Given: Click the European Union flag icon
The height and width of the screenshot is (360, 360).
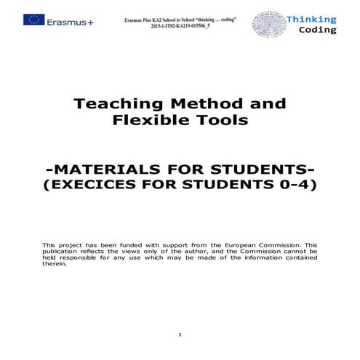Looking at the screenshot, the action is pyautogui.click(x=33, y=20).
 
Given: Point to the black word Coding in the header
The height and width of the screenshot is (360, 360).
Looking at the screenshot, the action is pyautogui.click(x=318, y=31).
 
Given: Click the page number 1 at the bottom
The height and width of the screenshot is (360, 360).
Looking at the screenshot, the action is pyautogui.click(x=180, y=334).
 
